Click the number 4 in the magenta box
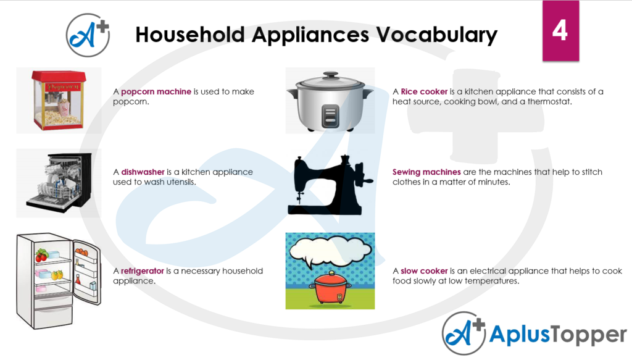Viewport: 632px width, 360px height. (560, 30)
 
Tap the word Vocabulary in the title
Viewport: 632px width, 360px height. (437, 35)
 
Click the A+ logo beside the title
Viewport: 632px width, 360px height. (88, 35)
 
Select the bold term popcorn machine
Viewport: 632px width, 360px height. (156, 91)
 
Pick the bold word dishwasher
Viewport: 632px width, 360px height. (143, 172)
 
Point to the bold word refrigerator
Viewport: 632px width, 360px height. (143, 271)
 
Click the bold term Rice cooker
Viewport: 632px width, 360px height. (424, 91)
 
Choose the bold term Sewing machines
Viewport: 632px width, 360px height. (426, 172)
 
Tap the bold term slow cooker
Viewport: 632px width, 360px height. (424, 271)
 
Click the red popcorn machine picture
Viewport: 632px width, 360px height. (59, 101)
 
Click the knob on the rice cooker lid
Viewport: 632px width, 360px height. (331, 75)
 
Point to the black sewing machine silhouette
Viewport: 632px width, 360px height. (330, 185)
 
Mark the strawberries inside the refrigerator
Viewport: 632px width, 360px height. (41, 255)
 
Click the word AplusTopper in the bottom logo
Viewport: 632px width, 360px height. (558, 335)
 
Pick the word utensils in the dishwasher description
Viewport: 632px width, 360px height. (181, 182)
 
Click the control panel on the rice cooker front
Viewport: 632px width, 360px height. (330, 115)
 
